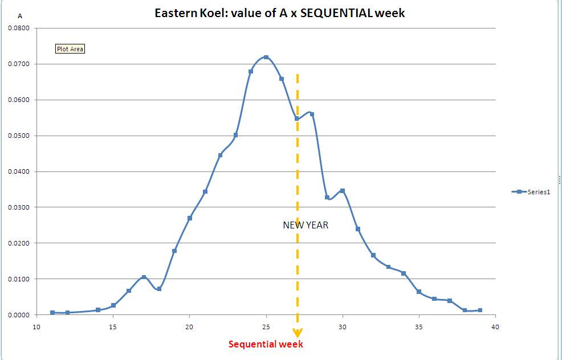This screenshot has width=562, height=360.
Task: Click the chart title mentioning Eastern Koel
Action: coord(279,13)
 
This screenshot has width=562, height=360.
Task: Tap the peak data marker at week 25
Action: coord(266,58)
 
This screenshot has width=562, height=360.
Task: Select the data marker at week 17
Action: coord(144,277)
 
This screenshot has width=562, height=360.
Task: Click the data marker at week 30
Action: coord(343,191)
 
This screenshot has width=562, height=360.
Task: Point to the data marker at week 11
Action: coord(52,313)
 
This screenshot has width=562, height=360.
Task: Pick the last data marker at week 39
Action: coord(480,310)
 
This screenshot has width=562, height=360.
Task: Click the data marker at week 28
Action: coord(312,114)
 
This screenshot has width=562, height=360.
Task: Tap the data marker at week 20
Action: coord(190,218)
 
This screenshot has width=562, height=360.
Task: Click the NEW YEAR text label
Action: coord(306,225)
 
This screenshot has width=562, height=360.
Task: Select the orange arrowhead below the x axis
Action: coord(297,333)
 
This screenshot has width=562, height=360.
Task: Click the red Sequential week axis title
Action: coord(266,344)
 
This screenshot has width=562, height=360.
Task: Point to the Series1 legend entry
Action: coord(531,192)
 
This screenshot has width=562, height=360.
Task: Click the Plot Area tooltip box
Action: coord(70,49)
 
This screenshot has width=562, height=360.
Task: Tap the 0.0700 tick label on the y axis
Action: coord(19,64)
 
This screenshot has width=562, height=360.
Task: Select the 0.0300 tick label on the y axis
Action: coord(19,207)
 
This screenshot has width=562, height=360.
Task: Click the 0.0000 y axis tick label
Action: coord(19,315)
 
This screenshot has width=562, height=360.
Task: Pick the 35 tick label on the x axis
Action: coord(419,327)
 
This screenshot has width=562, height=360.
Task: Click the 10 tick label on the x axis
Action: coord(36,327)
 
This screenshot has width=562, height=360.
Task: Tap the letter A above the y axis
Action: coord(20,16)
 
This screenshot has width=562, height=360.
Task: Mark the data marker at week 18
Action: coord(159,289)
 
